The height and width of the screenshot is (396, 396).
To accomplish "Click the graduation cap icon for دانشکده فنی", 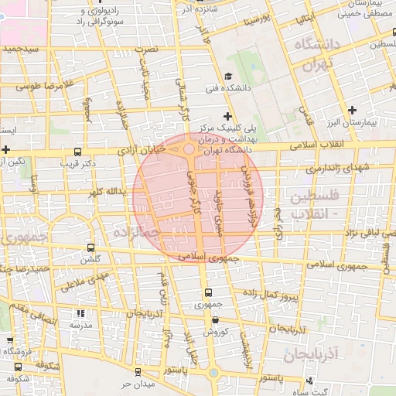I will coord(228,76).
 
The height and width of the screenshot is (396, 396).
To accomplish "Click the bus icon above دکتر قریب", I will coord(77,152).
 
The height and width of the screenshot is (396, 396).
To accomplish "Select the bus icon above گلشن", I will coord(92,249).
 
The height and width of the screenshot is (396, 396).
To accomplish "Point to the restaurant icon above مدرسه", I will coord(80,314).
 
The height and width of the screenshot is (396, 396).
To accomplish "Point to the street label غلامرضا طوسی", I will coord(47,84).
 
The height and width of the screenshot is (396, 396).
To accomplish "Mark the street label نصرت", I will coord(147,48).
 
